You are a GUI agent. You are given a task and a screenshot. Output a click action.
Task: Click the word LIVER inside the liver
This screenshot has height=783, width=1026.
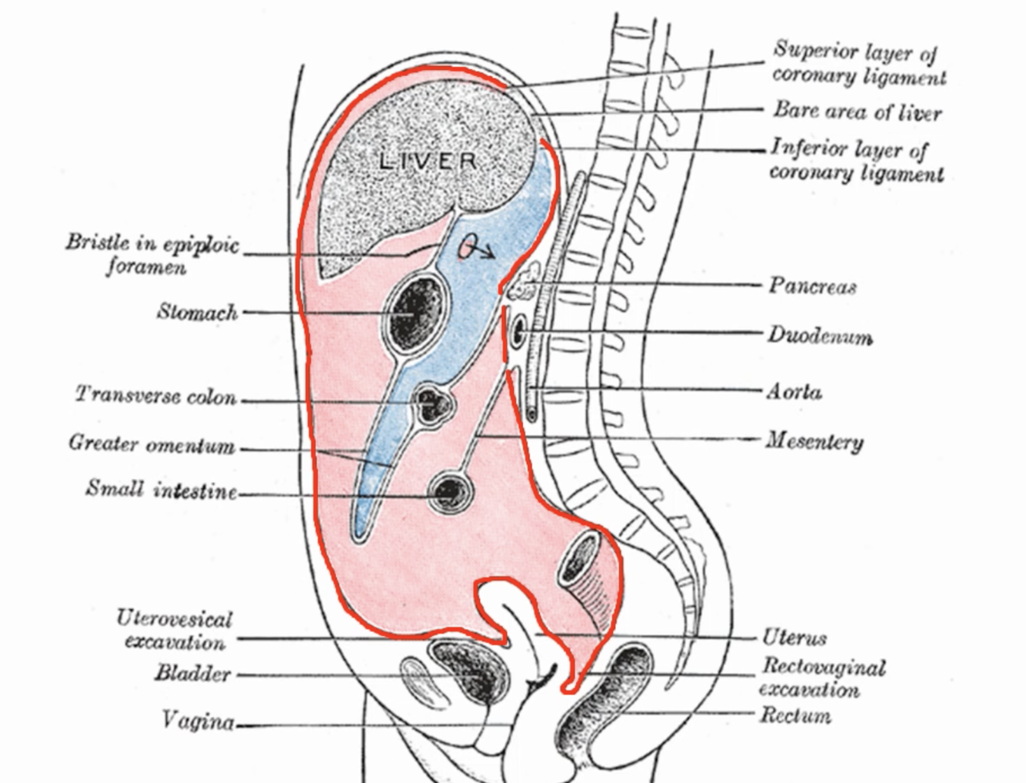click(x=428, y=161)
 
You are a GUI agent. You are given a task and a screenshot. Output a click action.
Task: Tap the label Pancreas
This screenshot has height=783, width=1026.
click(x=812, y=286)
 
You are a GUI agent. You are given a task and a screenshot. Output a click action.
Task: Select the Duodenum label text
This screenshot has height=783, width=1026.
click(x=820, y=336)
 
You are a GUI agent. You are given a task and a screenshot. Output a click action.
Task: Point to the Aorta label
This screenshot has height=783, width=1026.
click(x=794, y=391)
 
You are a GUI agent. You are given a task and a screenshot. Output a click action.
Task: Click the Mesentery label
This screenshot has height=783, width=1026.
click(x=814, y=441)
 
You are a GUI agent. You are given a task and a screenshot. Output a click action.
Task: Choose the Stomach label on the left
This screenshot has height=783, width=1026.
click(x=197, y=311)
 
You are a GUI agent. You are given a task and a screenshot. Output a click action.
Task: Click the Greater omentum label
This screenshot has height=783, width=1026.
click(x=152, y=443)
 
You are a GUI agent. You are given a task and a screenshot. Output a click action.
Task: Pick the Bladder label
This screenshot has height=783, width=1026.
click(x=192, y=673)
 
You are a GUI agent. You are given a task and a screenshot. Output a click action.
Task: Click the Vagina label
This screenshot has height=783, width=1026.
click(x=197, y=721)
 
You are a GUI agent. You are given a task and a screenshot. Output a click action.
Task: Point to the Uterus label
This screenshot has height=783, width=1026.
click(x=794, y=637)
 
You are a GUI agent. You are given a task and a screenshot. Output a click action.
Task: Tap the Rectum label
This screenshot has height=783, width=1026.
click(x=795, y=715)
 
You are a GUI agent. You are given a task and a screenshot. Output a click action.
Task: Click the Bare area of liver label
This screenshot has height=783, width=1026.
click(x=857, y=112)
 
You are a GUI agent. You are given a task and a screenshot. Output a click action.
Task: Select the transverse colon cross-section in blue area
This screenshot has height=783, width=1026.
click(x=432, y=404)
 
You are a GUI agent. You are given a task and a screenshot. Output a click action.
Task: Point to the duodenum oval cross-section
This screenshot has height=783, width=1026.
click(x=519, y=332)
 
